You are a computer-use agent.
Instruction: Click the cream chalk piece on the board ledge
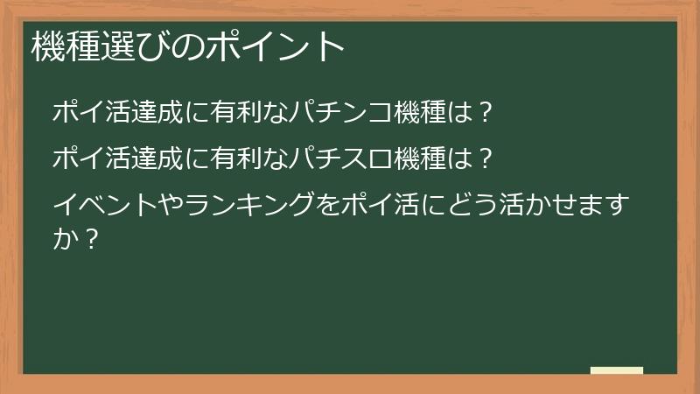point(617,370)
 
